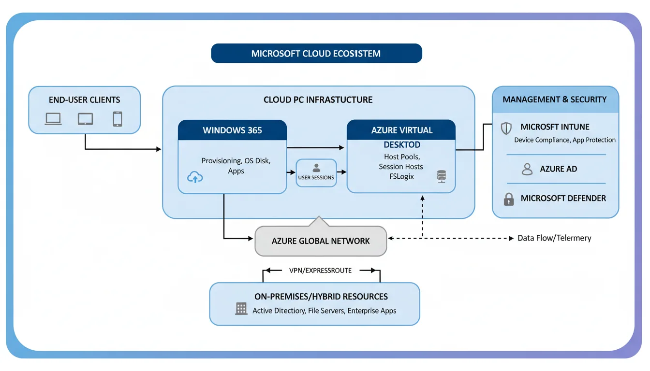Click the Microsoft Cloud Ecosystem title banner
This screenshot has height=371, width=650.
316,54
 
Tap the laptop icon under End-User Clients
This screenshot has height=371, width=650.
53,119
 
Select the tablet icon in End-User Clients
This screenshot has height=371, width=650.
86,119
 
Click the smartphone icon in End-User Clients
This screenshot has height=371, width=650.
118,119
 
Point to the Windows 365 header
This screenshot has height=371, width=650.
232,130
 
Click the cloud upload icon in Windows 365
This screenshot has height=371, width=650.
195,178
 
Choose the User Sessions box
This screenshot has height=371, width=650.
316,173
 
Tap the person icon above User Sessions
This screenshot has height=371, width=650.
316,168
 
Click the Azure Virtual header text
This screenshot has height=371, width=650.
401,130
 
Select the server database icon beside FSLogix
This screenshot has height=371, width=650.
441,176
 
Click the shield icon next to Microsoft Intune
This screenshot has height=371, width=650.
506,128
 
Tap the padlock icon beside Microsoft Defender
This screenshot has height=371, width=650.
509,199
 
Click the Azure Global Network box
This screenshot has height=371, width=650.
321,241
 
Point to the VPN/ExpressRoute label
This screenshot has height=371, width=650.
321,271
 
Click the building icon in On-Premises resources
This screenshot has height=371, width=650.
241,309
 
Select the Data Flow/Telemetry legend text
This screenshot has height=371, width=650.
554,238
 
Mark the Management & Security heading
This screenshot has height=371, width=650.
554,100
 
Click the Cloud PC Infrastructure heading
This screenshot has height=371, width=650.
318,100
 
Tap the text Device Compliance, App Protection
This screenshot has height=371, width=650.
564,140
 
